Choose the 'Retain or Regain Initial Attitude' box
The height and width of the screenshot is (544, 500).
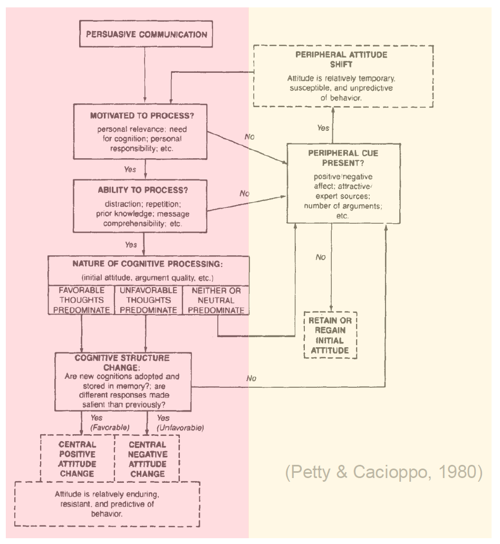331,336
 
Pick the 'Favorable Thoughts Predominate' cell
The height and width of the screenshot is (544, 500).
81,300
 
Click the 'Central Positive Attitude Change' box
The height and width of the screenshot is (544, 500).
78,459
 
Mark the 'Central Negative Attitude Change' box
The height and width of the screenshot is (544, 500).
147,459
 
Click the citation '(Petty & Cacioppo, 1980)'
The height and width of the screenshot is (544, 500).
384,472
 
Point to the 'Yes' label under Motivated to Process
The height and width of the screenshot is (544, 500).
130,170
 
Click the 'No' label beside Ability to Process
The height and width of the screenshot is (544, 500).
244,194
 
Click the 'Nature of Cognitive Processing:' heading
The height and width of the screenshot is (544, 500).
148,263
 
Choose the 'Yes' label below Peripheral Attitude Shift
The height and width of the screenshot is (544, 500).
323,128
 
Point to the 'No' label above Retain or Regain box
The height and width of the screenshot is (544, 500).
320,257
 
